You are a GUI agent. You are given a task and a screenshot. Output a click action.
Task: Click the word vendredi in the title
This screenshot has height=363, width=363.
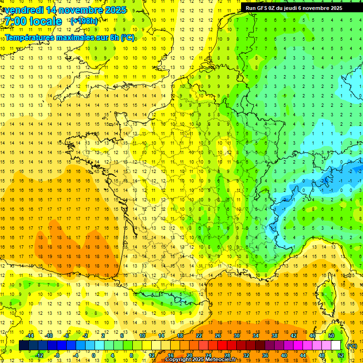(24, 10)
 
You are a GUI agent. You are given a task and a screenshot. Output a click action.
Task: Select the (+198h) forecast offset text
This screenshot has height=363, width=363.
(84, 21)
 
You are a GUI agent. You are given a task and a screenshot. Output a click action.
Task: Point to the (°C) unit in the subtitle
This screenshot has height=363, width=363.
(127, 37)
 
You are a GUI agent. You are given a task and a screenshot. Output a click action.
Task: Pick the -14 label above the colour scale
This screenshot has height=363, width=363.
(30, 336)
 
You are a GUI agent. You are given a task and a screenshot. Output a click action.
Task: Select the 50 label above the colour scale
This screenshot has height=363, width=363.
(331, 336)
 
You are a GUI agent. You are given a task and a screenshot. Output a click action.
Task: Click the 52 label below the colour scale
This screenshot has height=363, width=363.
(340, 355)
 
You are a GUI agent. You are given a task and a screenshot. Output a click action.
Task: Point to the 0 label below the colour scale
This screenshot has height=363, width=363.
(94, 355)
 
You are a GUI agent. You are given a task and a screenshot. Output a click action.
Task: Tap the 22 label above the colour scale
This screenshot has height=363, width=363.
(199, 336)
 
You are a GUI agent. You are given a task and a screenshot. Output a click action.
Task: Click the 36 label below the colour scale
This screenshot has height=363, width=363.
(265, 355)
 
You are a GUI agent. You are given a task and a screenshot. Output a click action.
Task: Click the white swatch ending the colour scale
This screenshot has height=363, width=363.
(336, 346)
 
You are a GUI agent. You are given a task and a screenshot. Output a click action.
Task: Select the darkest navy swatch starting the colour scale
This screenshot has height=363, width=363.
(24, 346)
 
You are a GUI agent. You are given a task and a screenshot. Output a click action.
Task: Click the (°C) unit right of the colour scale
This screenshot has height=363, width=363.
(352, 346)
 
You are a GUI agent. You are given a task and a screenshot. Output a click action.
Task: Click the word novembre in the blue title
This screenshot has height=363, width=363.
(77, 10)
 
